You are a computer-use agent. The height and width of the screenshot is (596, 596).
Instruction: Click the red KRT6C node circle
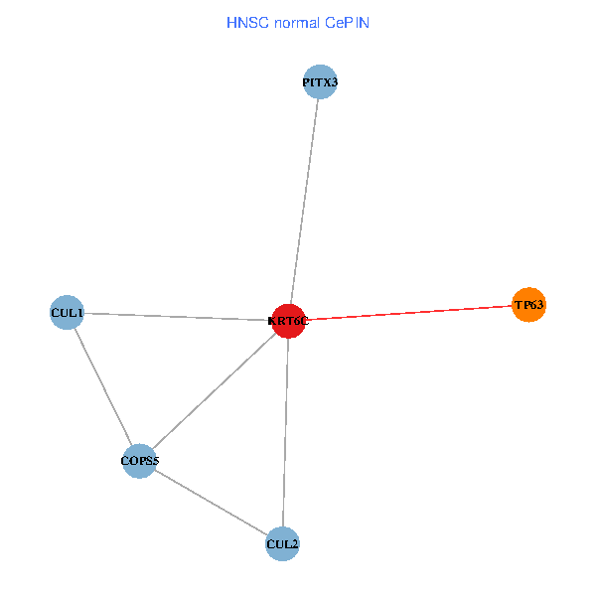point(288,320)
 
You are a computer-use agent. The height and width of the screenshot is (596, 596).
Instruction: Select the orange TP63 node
point(528,304)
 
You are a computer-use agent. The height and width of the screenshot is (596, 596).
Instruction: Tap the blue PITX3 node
point(320,81)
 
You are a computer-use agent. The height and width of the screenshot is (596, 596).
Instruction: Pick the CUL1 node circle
point(67,313)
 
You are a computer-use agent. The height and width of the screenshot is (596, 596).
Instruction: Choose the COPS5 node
point(139,460)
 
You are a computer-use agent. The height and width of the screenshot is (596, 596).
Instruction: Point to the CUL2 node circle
point(283,543)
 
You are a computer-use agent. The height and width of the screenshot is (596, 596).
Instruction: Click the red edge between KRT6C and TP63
point(407,312)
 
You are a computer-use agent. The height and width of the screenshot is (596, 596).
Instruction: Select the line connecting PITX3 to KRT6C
point(304,199)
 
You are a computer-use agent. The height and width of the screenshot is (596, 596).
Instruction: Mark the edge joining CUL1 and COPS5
point(103,387)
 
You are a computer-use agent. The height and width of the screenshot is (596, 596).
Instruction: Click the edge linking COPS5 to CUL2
point(211,502)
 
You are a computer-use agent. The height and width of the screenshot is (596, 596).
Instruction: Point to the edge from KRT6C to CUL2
point(286,432)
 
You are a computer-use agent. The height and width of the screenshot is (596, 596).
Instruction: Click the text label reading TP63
point(528,305)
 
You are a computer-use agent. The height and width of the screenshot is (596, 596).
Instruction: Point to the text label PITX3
point(320,82)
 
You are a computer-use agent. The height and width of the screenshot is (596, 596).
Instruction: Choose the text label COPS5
point(139,461)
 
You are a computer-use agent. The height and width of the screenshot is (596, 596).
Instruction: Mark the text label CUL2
point(283,544)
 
